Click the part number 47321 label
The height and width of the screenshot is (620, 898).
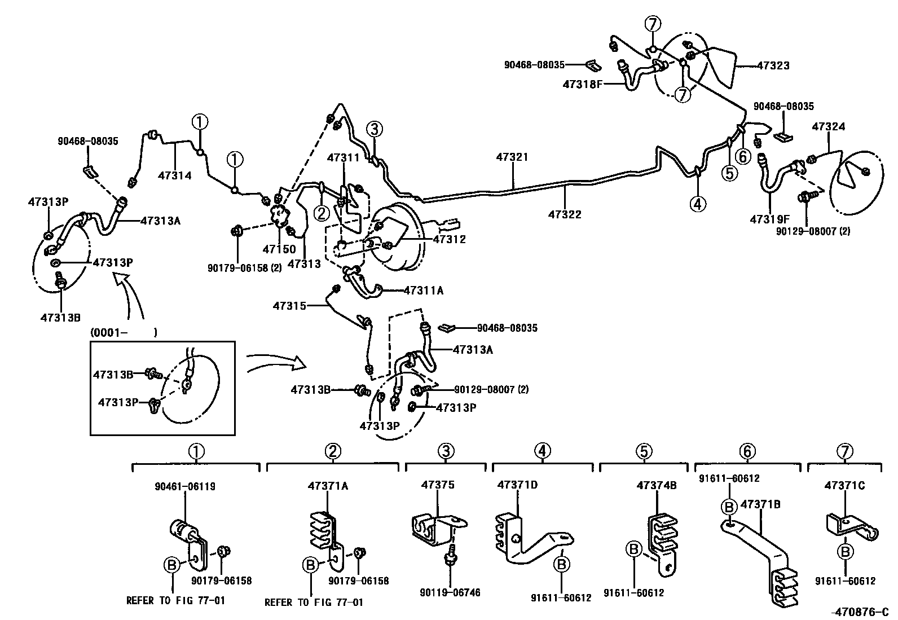pos(512,157)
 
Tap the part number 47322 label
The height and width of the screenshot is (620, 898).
pos(565,214)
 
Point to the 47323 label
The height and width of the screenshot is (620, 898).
pos(773,65)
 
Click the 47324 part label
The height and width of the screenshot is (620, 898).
pos(828,127)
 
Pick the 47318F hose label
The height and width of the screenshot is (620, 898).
pos(583,84)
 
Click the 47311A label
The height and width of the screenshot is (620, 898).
pos(424,291)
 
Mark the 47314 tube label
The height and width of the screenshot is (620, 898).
pos(174,175)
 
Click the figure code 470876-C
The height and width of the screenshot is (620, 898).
pos(859,612)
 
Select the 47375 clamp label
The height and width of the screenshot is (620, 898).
pos(438,485)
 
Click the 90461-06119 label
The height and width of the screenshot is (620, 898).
pos(185,486)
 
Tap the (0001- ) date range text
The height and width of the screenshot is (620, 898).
pos(124,333)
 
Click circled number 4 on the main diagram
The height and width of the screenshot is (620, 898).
pos(698,204)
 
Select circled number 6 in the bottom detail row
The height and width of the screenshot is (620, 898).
pos(747,451)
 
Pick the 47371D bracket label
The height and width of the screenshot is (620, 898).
pos(517,485)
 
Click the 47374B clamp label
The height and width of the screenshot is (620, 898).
pos(657,485)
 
